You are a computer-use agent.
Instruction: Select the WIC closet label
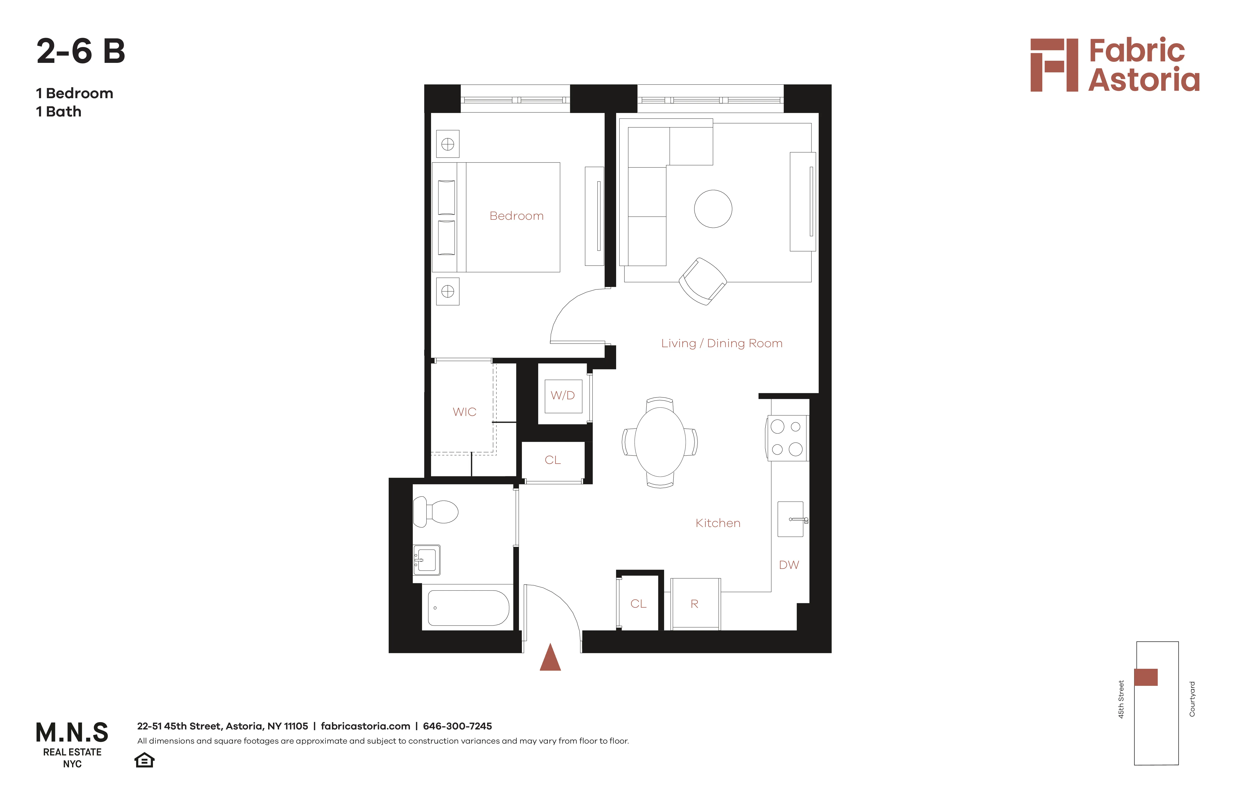click(x=464, y=412)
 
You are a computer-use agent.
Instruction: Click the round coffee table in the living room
click(x=713, y=209)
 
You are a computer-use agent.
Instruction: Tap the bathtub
click(x=468, y=608)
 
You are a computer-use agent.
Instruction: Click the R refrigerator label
click(x=694, y=604)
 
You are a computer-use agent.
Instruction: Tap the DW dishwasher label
click(x=789, y=565)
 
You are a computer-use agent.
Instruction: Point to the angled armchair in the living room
click(x=702, y=281)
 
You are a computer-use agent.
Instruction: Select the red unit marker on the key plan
click(x=1146, y=677)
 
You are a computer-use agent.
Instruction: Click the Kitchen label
click(x=717, y=523)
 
